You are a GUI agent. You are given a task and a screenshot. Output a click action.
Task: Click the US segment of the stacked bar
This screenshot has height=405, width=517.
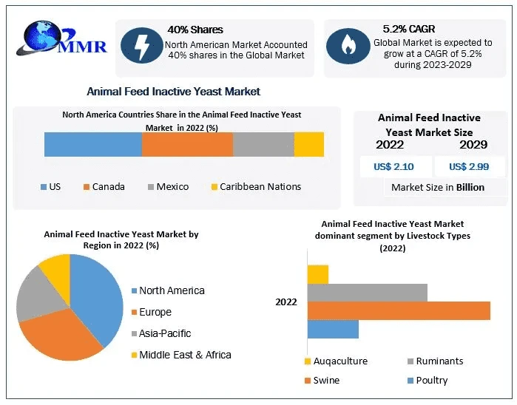(x=92, y=144)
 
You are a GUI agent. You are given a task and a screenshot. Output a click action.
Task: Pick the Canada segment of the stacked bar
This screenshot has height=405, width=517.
(x=187, y=144)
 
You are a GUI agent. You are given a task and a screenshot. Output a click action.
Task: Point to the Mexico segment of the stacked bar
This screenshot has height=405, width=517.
(x=263, y=144)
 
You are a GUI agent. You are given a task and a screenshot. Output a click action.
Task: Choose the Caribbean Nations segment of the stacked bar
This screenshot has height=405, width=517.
(x=309, y=144)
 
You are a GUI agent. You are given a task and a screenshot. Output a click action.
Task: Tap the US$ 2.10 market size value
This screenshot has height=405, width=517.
(x=393, y=166)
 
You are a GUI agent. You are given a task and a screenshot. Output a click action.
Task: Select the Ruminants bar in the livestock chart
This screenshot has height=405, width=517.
(x=367, y=292)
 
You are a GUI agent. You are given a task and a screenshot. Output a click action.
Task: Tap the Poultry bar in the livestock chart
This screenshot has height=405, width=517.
(x=332, y=329)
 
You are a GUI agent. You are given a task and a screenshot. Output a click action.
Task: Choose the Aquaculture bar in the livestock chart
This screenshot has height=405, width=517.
(x=317, y=273)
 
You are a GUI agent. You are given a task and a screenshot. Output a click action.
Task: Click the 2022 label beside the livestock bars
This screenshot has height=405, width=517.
(x=286, y=302)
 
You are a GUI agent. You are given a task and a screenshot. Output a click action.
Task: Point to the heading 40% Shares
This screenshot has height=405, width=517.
(x=195, y=30)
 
